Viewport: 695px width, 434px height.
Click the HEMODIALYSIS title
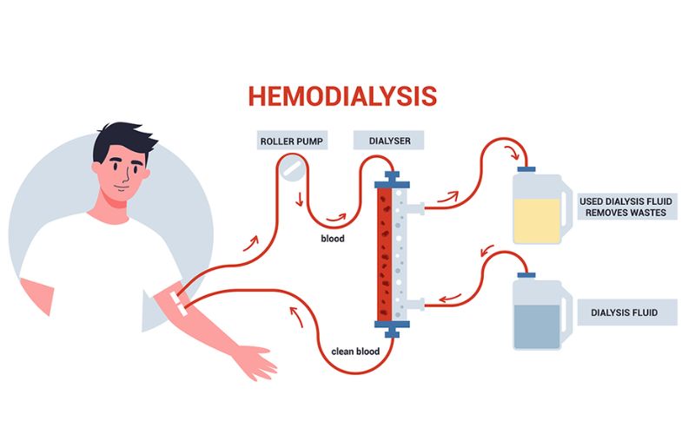click(x=341, y=95)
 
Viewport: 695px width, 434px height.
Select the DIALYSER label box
click(x=388, y=140)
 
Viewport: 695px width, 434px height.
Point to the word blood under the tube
click(x=333, y=237)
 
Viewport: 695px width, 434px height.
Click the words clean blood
click(x=354, y=352)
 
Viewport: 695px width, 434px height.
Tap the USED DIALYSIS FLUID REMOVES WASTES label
click(x=626, y=206)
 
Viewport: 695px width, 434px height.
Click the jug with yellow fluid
click(x=540, y=208)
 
